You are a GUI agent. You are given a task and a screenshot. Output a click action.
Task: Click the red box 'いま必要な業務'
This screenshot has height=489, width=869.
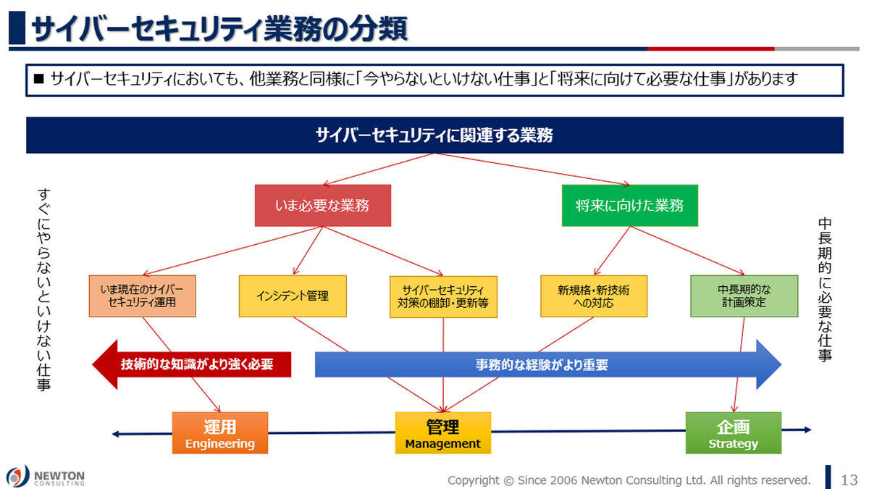[x=323, y=205]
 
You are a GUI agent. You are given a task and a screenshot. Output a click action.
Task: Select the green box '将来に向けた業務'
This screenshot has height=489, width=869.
[x=629, y=205]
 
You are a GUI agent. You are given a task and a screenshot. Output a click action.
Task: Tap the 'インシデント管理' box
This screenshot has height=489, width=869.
[x=293, y=296]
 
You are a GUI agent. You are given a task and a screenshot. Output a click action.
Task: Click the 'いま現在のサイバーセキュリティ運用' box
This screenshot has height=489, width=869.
[x=143, y=296]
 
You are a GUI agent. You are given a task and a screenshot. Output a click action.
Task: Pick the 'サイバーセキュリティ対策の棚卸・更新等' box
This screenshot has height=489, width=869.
[x=443, y=296]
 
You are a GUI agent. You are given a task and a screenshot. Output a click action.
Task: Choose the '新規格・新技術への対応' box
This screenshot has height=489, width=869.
[x=594, y=296]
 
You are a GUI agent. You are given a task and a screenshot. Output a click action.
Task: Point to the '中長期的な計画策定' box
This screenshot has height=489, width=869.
[x=744, y=296]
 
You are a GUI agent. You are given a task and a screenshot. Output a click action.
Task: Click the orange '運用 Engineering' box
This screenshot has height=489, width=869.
[x=220, y=432]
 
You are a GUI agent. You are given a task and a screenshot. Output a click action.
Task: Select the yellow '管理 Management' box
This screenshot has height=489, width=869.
[x=443, y=432]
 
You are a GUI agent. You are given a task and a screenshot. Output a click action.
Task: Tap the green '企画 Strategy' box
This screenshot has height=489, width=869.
[x=733, y=432]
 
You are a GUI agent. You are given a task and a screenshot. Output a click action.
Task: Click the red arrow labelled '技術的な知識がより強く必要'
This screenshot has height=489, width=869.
[x=192, y=364]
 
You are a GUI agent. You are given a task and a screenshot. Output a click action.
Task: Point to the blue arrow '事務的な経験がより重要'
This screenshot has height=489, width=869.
[x=548, y=364]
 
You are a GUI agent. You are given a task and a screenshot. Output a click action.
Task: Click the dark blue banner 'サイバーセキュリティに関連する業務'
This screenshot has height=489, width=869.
[x=435, y=135]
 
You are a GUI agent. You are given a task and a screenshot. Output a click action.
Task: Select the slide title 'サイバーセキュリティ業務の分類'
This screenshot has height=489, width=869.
[x=219, y=29]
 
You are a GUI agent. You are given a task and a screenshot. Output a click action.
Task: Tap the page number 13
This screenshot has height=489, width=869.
[x=849, y=480]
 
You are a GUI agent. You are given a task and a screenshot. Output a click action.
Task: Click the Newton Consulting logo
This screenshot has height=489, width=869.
[x=46, y=477]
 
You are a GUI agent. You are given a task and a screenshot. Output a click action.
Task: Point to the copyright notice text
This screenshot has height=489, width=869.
[x=629, y=480]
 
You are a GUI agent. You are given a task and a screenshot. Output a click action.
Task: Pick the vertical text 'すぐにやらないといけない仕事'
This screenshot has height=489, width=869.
[x=44, y=290]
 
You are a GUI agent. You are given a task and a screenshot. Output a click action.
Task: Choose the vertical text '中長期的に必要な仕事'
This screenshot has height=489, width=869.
[x=825, y=290]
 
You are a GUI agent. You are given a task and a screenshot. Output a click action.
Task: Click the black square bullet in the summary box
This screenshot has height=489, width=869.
[x=39, y=79]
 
